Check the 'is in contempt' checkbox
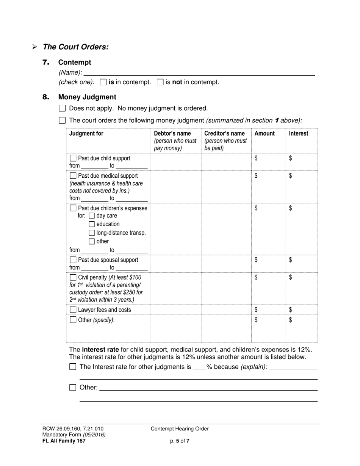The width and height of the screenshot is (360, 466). (103, 82)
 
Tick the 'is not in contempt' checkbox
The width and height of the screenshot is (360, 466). (160, 82)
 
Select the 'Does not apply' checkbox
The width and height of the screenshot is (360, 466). (63, 108)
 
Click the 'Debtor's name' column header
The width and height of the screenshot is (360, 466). (172, 133)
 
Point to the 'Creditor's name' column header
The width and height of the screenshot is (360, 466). (224, 133)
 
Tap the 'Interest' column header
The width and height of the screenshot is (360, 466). (299, 133)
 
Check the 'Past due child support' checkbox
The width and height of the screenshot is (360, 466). (73, 158)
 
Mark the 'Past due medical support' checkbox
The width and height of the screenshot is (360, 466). (73, 176)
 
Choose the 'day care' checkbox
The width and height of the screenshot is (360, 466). (92, 216)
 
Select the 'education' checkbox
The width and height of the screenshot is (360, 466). (92, 224)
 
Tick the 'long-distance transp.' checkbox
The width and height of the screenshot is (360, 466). (92, 233)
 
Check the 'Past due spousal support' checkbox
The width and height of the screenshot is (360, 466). (73, 260)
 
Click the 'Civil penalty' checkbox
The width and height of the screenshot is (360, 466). (73, 277)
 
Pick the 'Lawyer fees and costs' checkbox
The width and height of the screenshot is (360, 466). (73, 310)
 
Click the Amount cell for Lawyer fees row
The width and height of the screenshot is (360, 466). (269, 310)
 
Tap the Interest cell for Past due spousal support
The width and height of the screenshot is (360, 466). (302, 264)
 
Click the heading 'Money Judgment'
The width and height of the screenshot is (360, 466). (87, 97)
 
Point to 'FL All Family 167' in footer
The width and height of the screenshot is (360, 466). (64, 441)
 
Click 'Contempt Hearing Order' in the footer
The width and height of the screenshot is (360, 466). (180, 429)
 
